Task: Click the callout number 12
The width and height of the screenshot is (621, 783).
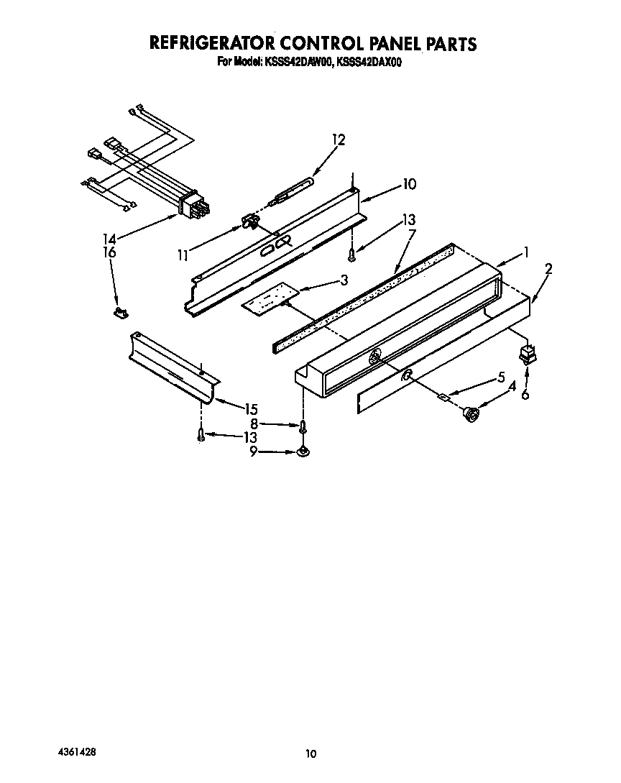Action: point(338,140)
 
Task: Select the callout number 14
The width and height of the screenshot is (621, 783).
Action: point(109,239)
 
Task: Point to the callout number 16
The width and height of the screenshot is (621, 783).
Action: point(109,252)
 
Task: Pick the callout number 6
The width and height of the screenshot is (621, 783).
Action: point(525,395)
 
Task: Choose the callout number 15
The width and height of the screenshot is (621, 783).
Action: point(250,408)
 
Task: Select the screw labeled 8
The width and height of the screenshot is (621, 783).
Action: point(304,426)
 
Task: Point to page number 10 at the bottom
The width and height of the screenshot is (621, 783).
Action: point(310,754)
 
